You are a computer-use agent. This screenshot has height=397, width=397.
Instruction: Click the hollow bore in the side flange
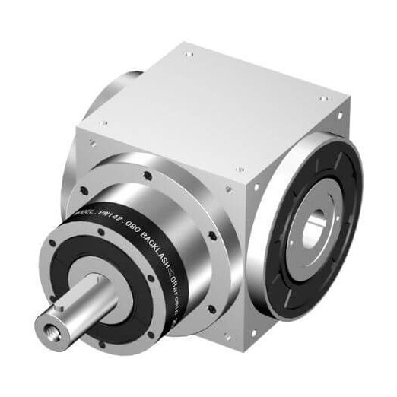pyautogui.click(x=313, y=231)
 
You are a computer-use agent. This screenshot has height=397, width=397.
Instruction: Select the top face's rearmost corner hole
pyautogui.click(x=189, y=54)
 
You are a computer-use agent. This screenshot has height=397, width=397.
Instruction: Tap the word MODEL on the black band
pyautogui.click(x=81, y=218)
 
